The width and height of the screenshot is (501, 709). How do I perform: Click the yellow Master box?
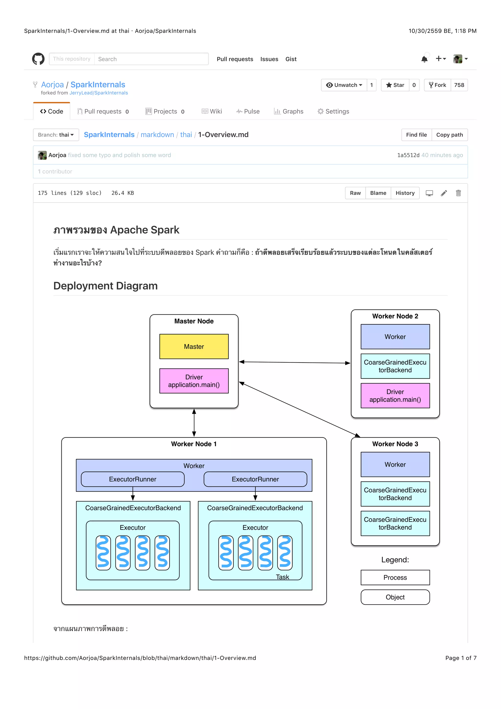coord(194,346)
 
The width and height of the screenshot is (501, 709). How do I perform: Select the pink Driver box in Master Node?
coord(194,381)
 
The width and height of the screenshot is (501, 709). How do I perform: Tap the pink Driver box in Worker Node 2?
coord(395,396)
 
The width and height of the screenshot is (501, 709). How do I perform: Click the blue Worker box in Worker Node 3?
coord(395,464)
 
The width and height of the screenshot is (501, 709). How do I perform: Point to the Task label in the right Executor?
coord(282,577)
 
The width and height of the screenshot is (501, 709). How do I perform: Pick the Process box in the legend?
coord(395,578)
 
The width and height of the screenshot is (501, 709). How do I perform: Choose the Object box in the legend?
coord(395,597)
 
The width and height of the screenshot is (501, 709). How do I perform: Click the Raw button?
coord(355,193)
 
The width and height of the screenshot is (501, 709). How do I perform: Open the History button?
coord(405,193)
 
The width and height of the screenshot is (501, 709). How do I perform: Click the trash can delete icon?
coord(458,193)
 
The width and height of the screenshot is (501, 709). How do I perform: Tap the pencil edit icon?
coord(444,193)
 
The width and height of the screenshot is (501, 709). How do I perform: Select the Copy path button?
coord(449,135)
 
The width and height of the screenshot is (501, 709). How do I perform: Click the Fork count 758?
coord(459,85)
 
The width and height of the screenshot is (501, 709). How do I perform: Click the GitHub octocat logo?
coord(38,59)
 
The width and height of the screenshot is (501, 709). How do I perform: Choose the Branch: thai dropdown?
coord(56,135)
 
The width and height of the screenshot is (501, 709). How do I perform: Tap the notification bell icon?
coord(424,59)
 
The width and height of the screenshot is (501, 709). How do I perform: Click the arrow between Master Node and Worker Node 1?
coord(194,422)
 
